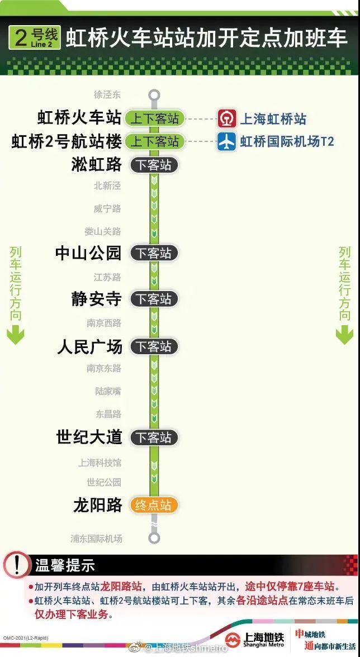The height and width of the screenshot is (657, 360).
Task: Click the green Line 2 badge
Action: [x=35, y=38]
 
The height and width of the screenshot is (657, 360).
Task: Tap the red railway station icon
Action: [x=227, y=118]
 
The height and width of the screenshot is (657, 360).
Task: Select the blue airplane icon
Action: [x=227, y=142]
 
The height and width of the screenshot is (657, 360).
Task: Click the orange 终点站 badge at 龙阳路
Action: [x=153, y=505]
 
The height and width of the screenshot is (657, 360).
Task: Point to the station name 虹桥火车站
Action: [x=79, y=118]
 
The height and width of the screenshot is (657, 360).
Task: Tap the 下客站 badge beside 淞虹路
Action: [x=153, y=165]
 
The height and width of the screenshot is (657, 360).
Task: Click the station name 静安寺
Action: [x=96, y=299]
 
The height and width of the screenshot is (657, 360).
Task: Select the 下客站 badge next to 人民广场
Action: [x=153, y=346]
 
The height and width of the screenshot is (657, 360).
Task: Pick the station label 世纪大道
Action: [x=89, y=437]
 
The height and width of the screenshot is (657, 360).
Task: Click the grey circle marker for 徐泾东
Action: [x=154, y=94]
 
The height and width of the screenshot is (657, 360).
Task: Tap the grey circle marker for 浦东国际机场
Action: [x=154, y=538]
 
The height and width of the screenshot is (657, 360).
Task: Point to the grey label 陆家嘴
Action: [x=108, y=391]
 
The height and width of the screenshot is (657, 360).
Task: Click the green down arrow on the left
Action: [x=16, y=335]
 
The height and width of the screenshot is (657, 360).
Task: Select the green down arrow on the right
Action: [x=344, y=335]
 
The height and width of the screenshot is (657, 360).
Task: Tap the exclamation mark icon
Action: [x=17, y=565]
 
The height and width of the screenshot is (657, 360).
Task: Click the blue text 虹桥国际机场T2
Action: [x=287, y=142]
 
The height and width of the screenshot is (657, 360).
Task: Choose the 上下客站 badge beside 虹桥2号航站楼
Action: [x=154, y=142]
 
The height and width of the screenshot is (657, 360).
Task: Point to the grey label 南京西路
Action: [x=104, y=323]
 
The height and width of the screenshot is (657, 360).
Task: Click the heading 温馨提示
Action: [x=65, y=565]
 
